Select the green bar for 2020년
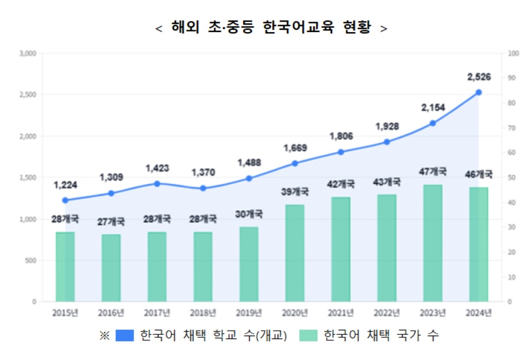295,253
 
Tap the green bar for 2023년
432,243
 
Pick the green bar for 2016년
111,268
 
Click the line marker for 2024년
478,92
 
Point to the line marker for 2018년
202,188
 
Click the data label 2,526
479,76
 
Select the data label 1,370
203,173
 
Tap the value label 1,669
295,148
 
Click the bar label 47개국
432,172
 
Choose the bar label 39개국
295,191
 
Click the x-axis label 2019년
248,313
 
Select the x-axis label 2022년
386,313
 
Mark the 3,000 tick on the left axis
28,54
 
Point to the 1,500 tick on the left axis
28,177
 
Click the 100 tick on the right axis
513,54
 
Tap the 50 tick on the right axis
512,177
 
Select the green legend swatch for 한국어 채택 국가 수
308,335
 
